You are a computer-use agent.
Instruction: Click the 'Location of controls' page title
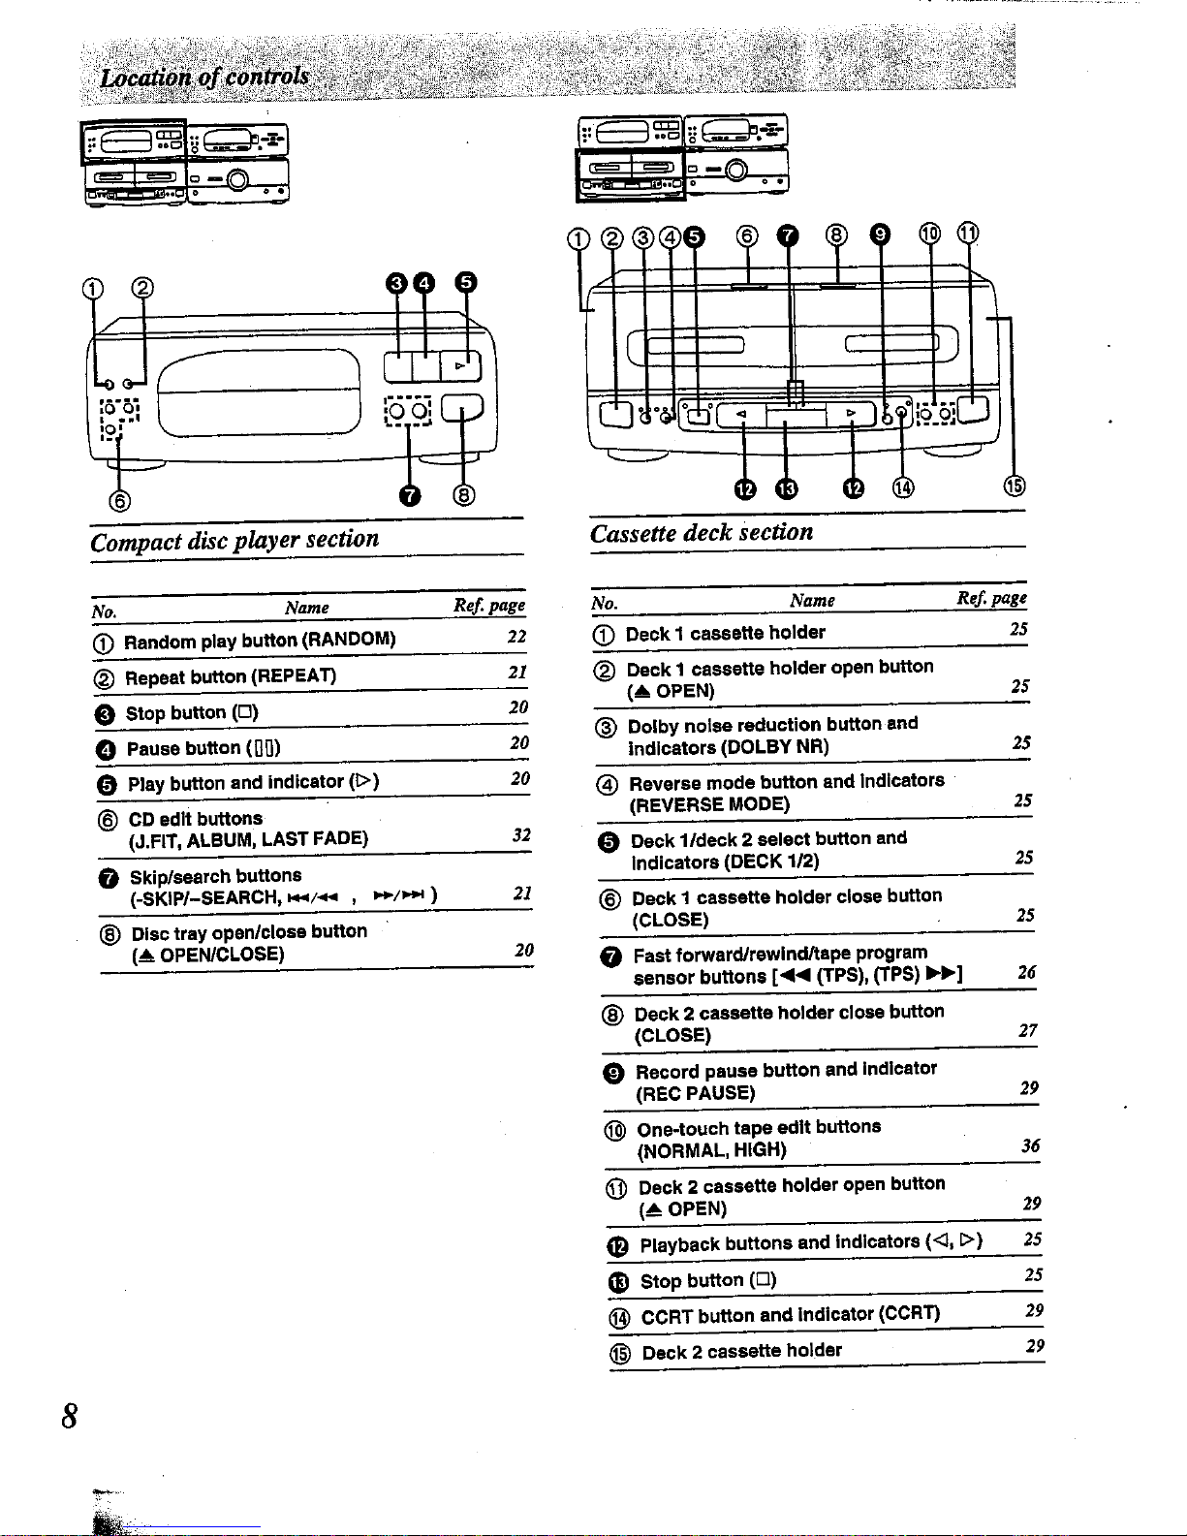coord(204,78)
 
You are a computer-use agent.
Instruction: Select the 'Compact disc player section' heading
coord(234,540)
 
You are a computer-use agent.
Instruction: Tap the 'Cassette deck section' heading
coord(702,533)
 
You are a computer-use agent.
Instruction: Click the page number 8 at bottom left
coord(70,1416)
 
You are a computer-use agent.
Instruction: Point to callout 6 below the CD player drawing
coord(119,500)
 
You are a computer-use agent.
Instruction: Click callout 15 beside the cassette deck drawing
coord(1014,486)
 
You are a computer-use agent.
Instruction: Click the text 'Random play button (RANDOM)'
coord(260,641)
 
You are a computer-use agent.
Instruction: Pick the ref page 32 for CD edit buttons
coord(521,834)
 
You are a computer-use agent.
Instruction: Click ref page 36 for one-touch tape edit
coord(1030,1145)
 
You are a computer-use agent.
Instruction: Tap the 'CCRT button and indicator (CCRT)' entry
coord(790,1315)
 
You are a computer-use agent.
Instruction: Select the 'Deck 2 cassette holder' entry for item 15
coord(741,1351)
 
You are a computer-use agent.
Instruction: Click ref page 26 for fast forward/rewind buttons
coord(1027,972)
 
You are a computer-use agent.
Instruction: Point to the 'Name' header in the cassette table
coord(812,601)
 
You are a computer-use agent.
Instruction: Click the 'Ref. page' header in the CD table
coord(489,606)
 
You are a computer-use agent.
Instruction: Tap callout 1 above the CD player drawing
coord(92,288)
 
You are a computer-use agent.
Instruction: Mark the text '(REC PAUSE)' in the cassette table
coord(695,1093)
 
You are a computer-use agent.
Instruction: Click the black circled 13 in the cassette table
coord(618,1282)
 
